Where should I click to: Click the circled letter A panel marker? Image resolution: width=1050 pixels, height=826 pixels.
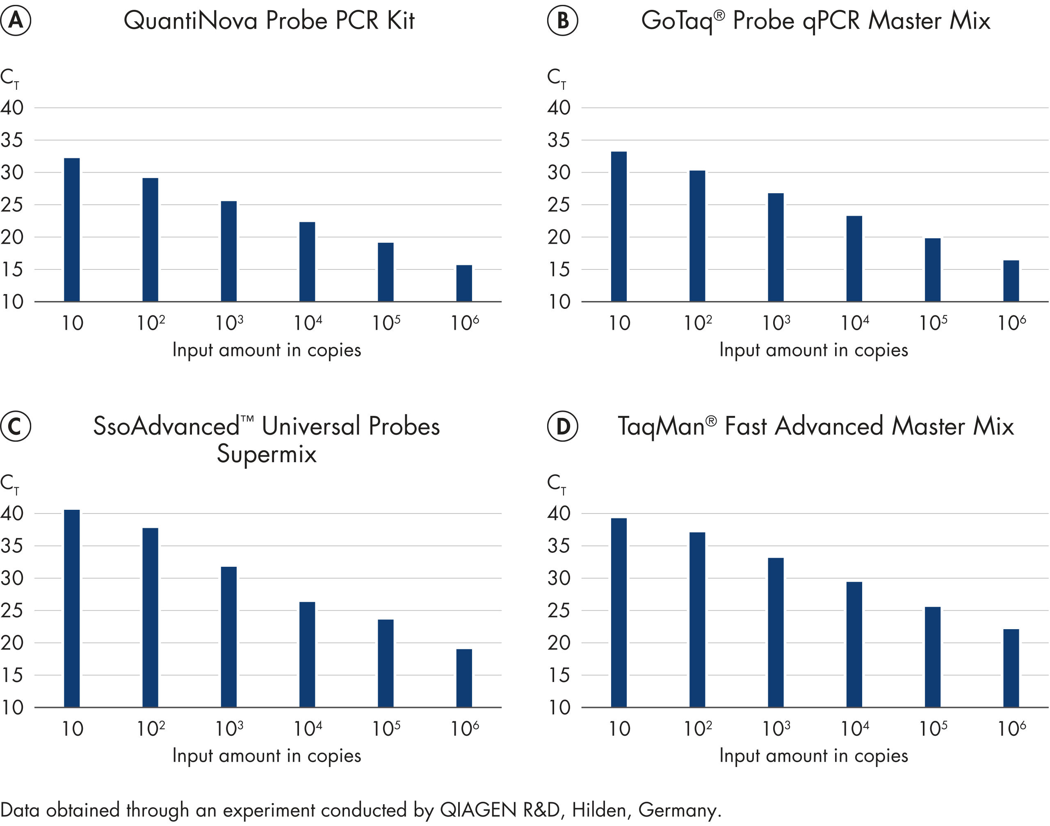[x=16, y=21]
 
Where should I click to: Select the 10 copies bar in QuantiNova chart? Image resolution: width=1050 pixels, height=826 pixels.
[x=72, y=230]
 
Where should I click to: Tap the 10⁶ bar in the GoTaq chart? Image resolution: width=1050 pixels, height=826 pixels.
[x=1011, y=281]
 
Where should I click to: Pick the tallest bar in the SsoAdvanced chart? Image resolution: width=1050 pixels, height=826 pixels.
[x=72, y=608]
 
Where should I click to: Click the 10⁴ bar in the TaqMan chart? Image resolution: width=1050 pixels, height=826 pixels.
[x=854, y=644]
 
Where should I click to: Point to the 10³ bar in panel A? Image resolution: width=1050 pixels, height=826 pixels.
[x=229, y=251]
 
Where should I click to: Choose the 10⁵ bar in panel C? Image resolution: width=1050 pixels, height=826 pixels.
[x=386, y=663]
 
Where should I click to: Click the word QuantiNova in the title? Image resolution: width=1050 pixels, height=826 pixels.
[x=190, y=21]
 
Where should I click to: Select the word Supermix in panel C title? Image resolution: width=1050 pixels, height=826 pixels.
[x=267, y=454]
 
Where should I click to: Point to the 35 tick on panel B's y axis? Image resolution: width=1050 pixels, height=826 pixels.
[x=559, y=140]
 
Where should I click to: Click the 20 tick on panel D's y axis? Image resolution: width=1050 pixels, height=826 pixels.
[x=559, y=643]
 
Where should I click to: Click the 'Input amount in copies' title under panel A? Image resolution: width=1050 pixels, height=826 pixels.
[x=267, y=350]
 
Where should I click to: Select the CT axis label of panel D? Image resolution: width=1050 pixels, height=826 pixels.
[x=556, y=484]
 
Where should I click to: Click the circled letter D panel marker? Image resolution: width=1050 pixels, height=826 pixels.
[x=562, y=426]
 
